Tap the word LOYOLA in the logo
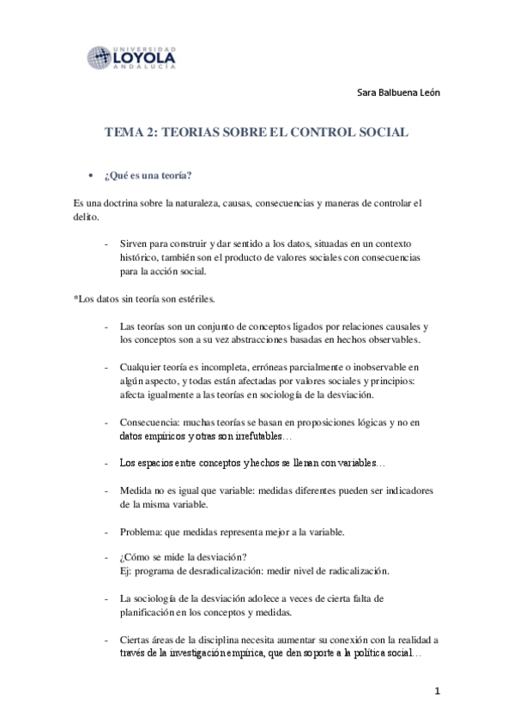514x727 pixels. pyautogui.click(x=146, y=56)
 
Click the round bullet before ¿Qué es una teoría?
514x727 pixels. pyautogui.click(x=91, y=176)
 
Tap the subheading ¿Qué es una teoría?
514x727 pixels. pyautogui.click(x=148, y=176)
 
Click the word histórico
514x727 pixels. pyautogui.click(x=142, y=255)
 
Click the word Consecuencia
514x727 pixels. pyautogui.click(x=149, y=422)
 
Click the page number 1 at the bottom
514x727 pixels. pyautogui.click(x=437, y=690)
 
